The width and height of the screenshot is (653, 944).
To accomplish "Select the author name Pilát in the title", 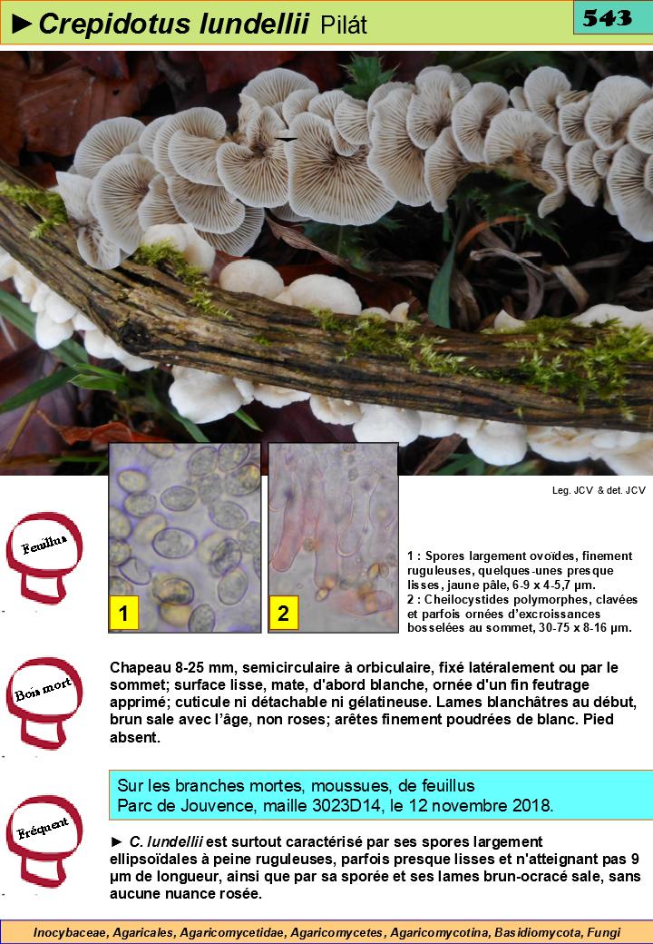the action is click(344, 25).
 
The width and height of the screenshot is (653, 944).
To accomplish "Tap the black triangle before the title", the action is click(23, 25).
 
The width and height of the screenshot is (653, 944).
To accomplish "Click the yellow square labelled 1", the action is click(124, 613).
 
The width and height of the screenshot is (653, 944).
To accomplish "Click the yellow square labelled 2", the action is click(283, 613).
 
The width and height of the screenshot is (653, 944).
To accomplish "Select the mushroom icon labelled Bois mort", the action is click(44, 702).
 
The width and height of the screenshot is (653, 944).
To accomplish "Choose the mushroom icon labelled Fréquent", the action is click(44, 841).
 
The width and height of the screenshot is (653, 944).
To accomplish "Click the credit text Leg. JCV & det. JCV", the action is click(599, 491).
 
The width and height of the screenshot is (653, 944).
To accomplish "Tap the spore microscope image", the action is click(185, 537).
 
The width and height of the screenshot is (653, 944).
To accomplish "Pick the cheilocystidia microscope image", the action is click(333, 537).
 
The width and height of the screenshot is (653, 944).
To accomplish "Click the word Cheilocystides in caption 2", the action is click(465, 600).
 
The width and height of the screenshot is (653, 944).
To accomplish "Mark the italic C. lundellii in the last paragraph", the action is click(166, 841).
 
